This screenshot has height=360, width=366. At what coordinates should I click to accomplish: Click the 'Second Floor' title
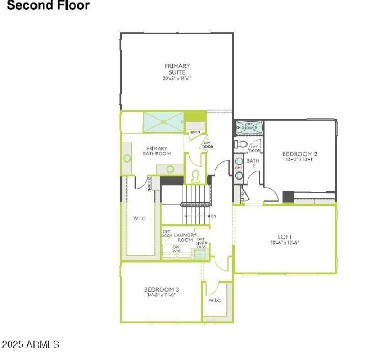48,6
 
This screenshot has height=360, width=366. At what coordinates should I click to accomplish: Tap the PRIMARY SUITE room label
177,69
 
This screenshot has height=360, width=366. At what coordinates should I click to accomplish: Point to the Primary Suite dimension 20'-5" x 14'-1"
177,79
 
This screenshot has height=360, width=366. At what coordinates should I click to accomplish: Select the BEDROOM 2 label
300,154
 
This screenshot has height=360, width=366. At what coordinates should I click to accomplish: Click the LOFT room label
285,236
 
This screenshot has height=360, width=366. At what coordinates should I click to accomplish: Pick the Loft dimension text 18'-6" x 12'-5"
285,243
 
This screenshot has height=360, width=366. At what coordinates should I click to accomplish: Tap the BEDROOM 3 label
161,289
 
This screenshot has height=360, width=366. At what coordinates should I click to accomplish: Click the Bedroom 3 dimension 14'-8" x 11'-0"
161,295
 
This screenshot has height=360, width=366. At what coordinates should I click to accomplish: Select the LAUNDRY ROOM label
185,237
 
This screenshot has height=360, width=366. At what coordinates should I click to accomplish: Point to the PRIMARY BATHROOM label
156,151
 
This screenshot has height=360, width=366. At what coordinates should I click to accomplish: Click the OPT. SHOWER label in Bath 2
249,126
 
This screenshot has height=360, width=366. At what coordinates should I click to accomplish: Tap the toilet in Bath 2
241,144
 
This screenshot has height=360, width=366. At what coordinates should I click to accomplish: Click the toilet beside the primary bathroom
195,175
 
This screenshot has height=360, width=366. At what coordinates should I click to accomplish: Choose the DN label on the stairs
213,215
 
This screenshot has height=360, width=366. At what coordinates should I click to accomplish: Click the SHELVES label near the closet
150,183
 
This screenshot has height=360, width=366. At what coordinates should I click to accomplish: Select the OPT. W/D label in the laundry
177,249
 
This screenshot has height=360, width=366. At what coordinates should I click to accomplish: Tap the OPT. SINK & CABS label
201,243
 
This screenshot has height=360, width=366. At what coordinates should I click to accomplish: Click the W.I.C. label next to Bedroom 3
215,300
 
